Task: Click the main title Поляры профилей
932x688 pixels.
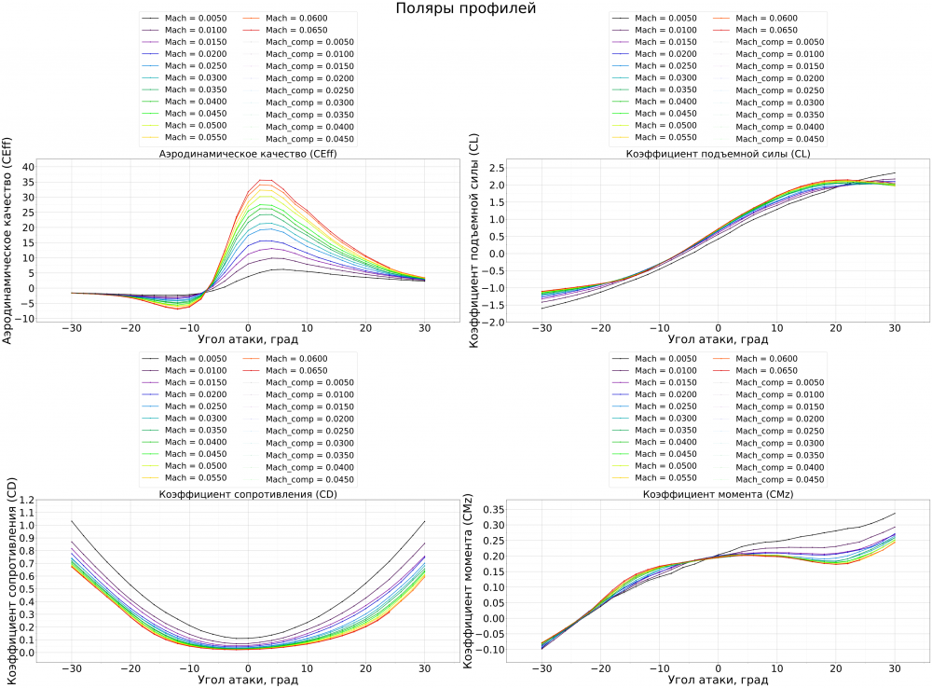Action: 465,8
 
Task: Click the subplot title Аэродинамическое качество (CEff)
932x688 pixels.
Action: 246,154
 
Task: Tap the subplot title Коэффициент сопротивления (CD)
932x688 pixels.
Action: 246,494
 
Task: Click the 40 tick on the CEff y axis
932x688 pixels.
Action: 28,166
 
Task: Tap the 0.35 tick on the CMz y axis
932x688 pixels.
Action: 492,510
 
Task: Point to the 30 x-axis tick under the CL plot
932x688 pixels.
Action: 895,330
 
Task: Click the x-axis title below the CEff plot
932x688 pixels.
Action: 246,341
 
